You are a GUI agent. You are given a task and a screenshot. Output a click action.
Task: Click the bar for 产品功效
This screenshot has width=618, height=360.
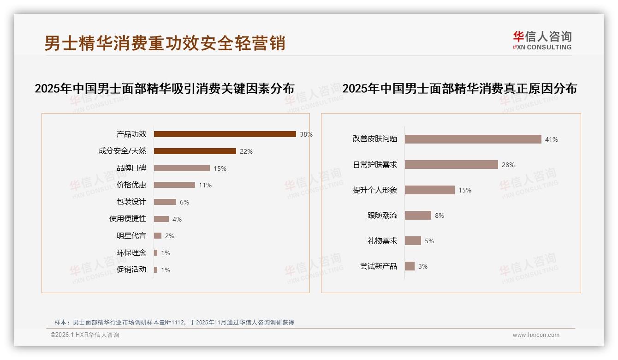point(225,134)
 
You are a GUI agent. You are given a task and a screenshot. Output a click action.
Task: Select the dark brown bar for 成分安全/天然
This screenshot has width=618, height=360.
point(195,151)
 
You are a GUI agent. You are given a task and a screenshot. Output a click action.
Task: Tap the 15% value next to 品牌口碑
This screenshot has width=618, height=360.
point(220,168)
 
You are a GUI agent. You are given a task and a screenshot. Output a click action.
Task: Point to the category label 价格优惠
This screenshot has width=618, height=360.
point(131,185)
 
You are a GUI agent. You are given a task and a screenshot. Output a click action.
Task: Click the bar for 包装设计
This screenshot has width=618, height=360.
point(165,202)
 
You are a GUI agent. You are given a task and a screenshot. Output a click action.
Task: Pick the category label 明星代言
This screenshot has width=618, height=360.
point(131,236)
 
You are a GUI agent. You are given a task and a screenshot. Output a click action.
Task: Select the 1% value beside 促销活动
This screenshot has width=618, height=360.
point(166,270)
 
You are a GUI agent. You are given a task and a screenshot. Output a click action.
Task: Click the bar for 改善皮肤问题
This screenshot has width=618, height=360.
point(473,139)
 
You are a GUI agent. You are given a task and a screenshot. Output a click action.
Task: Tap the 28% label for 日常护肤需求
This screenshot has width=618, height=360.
point(508,165)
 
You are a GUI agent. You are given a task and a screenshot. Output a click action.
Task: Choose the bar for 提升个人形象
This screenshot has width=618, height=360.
point(429,190)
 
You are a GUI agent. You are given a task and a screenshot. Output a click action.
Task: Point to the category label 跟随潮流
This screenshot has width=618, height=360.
point(382,216)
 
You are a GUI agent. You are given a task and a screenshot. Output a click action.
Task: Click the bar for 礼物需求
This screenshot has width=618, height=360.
point(413,241)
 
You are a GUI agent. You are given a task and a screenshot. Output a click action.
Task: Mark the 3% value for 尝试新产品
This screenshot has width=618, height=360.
point(423,266)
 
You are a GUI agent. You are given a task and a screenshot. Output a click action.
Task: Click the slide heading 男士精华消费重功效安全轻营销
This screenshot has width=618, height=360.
point(165,43)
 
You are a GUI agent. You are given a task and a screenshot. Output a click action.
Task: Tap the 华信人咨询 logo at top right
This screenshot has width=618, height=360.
point(542,41)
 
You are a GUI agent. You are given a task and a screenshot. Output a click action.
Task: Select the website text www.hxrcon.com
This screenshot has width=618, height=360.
point(536,335)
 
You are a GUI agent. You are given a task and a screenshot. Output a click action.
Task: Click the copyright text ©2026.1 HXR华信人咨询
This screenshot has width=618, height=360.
point(85,335)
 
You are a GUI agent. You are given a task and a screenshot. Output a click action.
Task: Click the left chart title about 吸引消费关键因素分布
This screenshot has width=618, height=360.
point(164,89)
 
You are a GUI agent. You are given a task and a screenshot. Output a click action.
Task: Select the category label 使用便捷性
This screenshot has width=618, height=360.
point(128,219)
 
